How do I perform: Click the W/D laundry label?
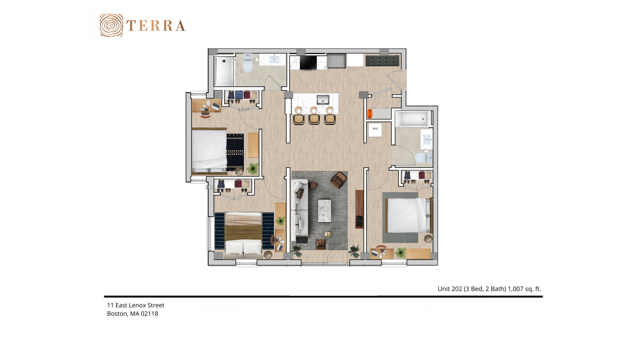coord(375,129)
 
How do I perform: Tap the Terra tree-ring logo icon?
coord(111,25)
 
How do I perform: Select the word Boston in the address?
coord(117,314)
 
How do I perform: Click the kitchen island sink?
coord(323,100)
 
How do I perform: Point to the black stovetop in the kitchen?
coord(308,62)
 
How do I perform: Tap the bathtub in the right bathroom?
coord(412,119)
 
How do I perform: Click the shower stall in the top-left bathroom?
coord(224,71)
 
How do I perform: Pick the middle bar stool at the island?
coord(314,119)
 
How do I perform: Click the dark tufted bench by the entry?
coord(382,61)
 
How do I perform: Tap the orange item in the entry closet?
coord(370,113)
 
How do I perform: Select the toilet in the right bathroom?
coord(424,157)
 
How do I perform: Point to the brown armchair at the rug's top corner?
coord(338,180)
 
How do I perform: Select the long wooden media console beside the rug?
coord(359,209)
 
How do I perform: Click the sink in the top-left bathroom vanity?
coord(274,59)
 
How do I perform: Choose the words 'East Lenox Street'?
coord(140,305)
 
